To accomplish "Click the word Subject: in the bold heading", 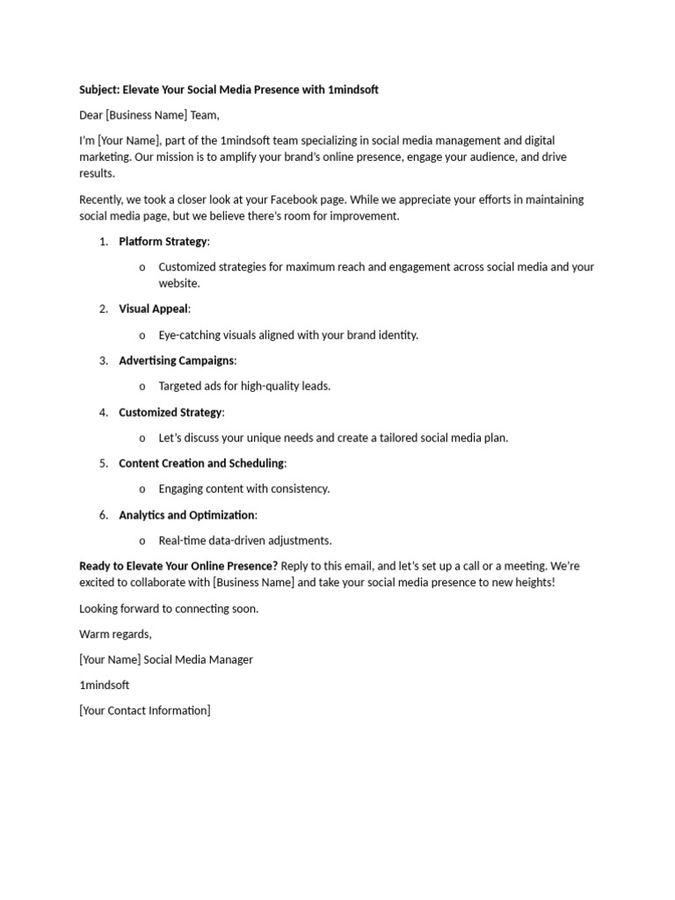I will [99, 90].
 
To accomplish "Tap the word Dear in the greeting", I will [91, 115].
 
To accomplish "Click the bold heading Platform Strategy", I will [163, 242].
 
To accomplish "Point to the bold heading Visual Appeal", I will [153, 308].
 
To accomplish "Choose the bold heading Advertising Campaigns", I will [176, 360].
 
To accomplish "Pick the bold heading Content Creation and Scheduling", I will [201, 463].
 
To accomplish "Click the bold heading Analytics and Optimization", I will [186, 515].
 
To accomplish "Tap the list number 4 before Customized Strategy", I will [103, 412].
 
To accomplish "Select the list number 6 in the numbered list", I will [103, 515].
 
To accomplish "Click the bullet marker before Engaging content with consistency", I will [142, 489].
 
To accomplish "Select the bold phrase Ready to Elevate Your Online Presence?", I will [178, 566].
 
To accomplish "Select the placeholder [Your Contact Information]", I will [144, 710].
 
